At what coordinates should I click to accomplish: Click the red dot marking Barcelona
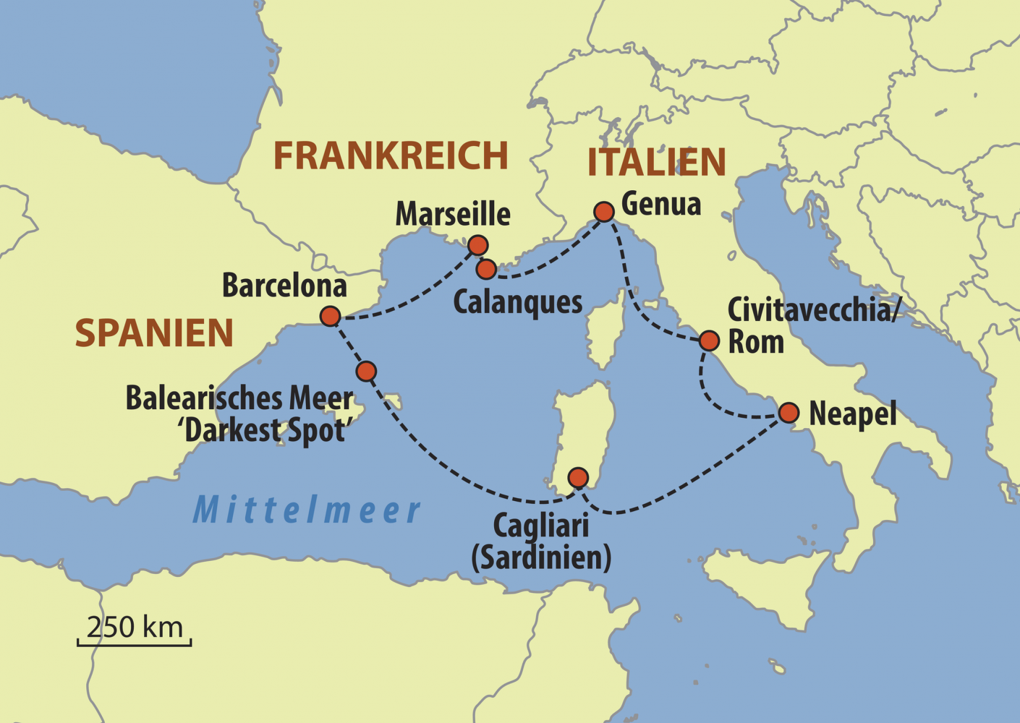point(330,316)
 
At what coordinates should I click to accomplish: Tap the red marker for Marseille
point(477,246)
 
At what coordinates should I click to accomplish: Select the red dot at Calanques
point(486,270)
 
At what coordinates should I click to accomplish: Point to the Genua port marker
point(604,211)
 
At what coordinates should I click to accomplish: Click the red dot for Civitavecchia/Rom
point(709,341)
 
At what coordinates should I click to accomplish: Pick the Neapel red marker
point(789,413)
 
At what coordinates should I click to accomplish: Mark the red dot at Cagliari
point(578,477)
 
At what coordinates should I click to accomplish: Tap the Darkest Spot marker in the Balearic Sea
point(366,372)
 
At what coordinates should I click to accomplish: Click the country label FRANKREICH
point(391,156)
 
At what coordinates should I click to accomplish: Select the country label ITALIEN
point(656,163)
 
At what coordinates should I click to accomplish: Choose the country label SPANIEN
point(154,333)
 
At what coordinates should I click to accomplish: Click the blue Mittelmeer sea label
point(306,510)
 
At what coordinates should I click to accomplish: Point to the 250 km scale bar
point(135,640)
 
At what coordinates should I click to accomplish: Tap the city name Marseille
point(453,215)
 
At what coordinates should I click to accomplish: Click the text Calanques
point(517,302)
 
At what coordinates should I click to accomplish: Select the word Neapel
point(852,414)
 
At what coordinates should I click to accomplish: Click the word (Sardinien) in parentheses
point(541,558)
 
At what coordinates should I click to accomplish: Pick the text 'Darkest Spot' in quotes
point(265,431)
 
